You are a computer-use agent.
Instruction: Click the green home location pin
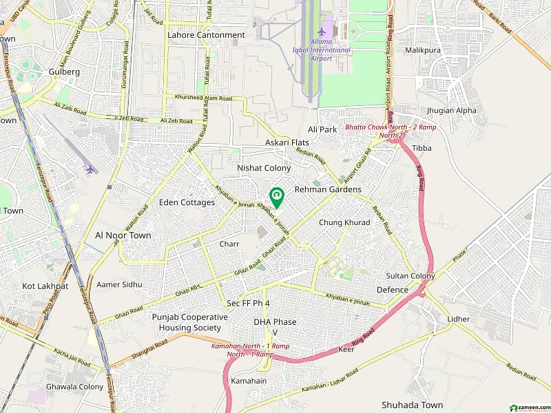pos(276,197)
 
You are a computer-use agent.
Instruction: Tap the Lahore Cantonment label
pos(206,34)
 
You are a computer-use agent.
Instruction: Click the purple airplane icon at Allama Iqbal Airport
pos(321,31)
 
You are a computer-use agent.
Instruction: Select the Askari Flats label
pos(287,142)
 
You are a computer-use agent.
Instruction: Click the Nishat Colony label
pos(264,168)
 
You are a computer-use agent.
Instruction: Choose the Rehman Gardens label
pos(328,189)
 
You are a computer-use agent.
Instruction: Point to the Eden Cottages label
pos(187,202)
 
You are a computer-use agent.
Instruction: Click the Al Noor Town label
pos(123,235)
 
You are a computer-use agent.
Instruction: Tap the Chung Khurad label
pos(344,222)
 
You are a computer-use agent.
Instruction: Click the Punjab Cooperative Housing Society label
pos(189,322)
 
